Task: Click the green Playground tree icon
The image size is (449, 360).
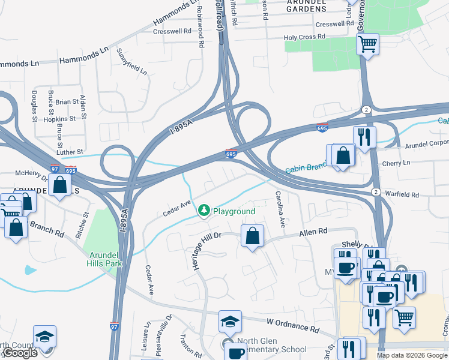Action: (204, 211)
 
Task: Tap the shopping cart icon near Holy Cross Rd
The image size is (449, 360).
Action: (367, 43)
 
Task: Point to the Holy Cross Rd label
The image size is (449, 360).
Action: (304, 37)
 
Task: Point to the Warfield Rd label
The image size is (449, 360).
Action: (402, 194)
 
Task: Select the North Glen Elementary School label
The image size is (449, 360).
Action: (271, 346)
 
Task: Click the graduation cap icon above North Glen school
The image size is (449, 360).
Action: (230, 322)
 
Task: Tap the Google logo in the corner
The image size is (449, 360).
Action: (20, 353)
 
